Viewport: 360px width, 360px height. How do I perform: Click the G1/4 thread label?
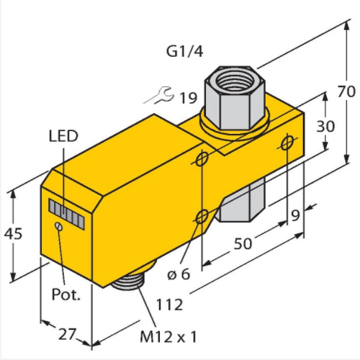pos(185,51)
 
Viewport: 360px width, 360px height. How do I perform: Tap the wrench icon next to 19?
pos(159,95)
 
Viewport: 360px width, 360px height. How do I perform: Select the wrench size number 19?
pos(189,98)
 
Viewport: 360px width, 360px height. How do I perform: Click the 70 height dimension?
pos(346,91)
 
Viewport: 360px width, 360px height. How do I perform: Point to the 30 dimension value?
pos(325,126)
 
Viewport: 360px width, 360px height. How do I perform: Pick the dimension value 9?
pos(295,215)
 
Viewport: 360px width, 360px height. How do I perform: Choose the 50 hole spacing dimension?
pos(243,243)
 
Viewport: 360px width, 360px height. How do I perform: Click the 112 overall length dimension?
pos(169,305)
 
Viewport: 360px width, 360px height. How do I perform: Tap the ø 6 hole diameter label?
pos(179,274)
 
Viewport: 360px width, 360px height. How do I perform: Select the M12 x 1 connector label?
pos(168,337)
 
